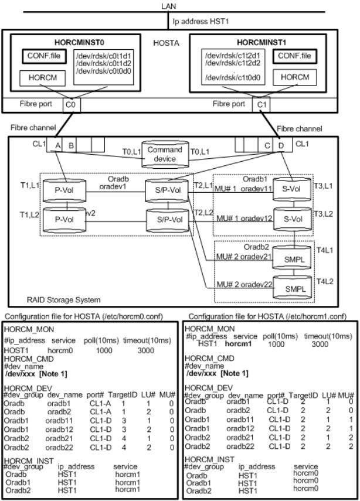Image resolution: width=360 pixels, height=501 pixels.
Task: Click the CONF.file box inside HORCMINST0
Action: tap(44, 57)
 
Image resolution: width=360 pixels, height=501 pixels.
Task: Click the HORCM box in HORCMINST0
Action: tap(44, 77)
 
